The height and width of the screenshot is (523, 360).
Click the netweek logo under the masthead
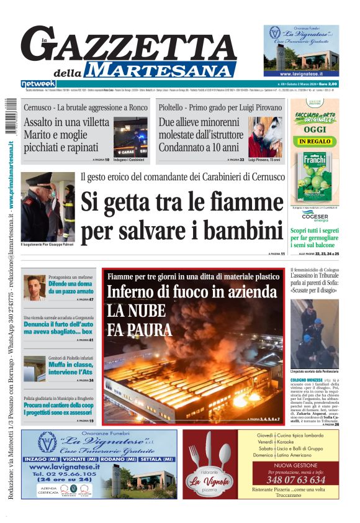(x=38, y=84)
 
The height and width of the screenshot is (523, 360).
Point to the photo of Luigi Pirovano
(x=264, y=137)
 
